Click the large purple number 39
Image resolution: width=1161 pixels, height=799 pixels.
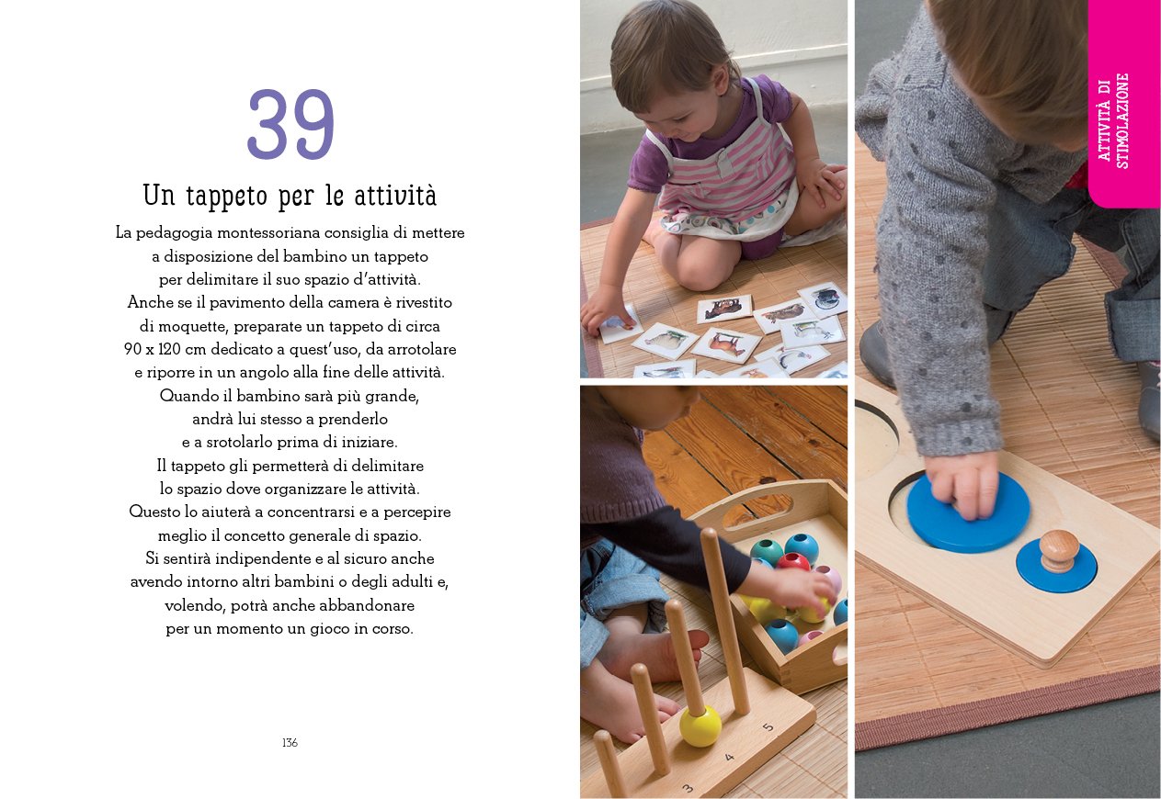coord(290,124)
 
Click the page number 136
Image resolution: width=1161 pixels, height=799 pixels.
coord(290,743)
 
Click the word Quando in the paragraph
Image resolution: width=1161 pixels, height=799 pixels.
coord(184,396)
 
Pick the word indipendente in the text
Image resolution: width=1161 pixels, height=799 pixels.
coord(263,559)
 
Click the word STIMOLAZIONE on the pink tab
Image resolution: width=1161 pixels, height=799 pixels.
coord(1121,121)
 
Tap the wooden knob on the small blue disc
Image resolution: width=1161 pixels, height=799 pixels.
coord(1059,550)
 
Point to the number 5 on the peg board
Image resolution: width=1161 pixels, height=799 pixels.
coord(768,727)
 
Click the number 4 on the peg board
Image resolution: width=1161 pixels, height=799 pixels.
coord(729,757)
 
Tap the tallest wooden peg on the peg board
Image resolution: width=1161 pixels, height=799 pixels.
coord(724,622)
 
